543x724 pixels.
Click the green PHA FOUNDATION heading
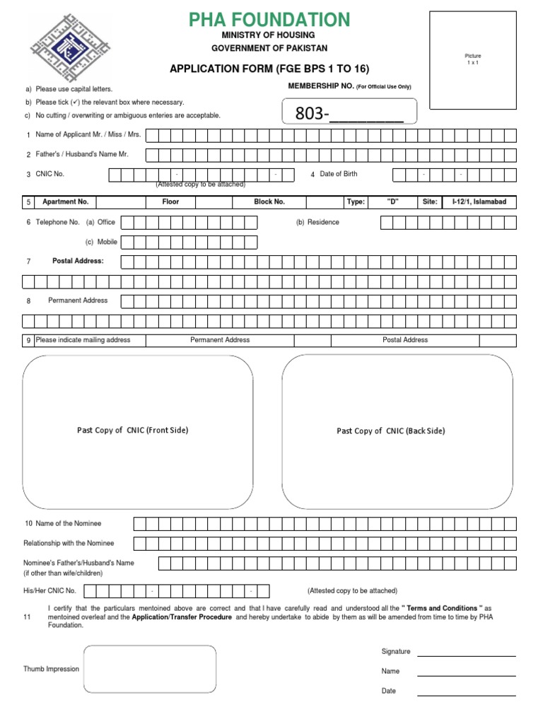269,20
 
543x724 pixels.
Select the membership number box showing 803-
350,113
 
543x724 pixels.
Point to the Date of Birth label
338,174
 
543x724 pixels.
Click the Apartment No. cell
65,202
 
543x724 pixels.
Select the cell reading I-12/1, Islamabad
479,202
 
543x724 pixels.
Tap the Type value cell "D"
393,202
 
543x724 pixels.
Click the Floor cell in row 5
170,202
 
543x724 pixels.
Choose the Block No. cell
269,202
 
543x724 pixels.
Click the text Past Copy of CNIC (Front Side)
132,430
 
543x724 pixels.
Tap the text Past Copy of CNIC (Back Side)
391,431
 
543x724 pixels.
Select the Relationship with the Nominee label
69,543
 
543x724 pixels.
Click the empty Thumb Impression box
149,669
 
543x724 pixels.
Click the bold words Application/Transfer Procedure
182,617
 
